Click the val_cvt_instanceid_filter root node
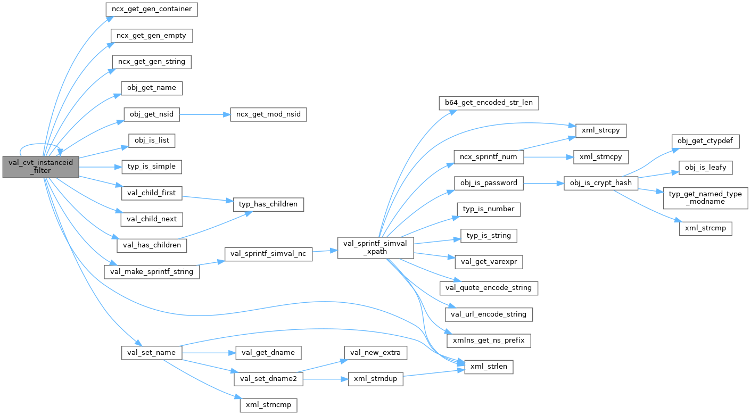[41, 167]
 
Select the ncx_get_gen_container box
[151, 10]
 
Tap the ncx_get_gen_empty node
[151, 36]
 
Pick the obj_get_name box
[152, 88]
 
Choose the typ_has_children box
[268, 204]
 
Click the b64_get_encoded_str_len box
[488, 103]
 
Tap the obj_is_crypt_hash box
[600, 182]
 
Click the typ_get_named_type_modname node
[705, 198]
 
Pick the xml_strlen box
[489, 367]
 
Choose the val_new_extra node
[376, 352]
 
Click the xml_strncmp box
[268, 405]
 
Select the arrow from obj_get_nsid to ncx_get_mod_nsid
[204, 114]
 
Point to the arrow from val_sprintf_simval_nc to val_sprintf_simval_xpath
[325, 252]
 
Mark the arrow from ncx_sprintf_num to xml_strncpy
[545, 157]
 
